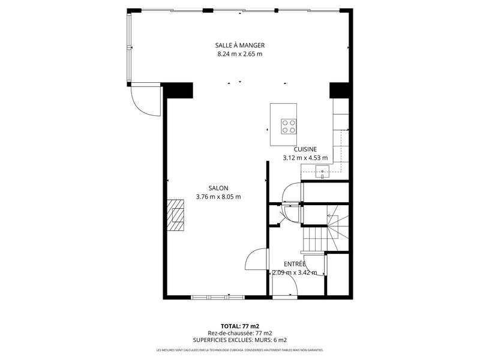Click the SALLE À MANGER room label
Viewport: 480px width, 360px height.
(x=240, y=46)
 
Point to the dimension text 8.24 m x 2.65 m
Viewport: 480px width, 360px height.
(x=240, y=54)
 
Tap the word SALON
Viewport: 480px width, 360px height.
(x=218, y=188)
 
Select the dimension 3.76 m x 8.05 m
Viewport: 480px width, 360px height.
(x=218, y=196)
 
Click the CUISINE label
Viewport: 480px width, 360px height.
(x=305, y=149)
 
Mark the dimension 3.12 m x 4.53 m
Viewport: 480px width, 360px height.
(x=305, y=158)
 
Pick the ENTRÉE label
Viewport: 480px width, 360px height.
(x=295, y=263)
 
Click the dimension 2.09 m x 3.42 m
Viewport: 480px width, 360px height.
(x=295, y=272)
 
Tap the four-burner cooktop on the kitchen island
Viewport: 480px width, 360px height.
(x=289, y=125)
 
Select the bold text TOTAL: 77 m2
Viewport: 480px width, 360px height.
(x=240, y=325)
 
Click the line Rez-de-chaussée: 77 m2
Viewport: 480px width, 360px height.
(x=240, y=333)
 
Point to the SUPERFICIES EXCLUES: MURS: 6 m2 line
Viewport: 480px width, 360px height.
(x=240, y=340)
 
